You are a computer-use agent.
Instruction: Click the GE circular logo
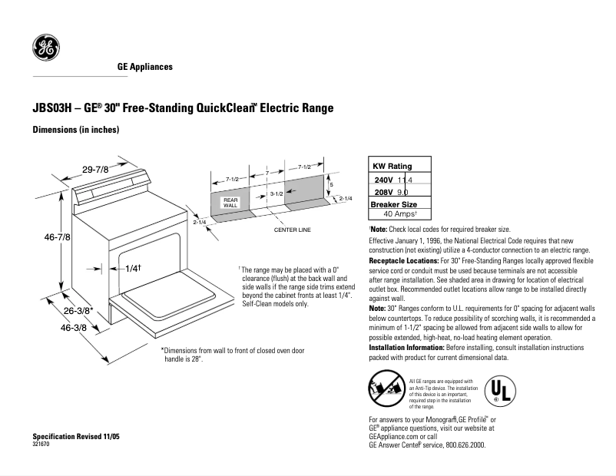pos(45,48)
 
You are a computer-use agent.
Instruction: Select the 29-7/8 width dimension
pos(96,169)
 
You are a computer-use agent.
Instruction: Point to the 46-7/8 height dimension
pos(57,238)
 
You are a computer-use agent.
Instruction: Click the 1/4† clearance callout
pos(133,269)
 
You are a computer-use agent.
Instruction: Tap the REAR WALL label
pos(230,203)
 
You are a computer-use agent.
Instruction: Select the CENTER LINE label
pos(292,230)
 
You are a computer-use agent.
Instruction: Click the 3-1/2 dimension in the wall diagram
pos(277,195)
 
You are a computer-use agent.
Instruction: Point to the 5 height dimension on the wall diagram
pos(331,185)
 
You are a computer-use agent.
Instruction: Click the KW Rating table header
pos(392,166)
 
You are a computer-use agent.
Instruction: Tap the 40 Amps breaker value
pos(399,214)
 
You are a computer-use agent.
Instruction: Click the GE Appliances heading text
pos(144,67)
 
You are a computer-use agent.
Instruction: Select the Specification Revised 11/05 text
pos(76,436)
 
